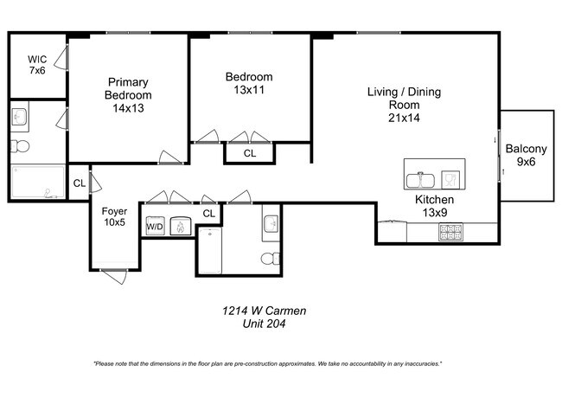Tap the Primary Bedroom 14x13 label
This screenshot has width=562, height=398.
pos(128,95)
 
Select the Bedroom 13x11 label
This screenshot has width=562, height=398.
pos(249,82)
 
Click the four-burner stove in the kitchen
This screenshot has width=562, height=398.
pos(451,232)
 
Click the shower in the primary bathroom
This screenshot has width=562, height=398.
pos(38,183)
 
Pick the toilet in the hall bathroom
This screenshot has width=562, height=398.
pos(271,257)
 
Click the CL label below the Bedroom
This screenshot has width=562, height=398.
pos(249,153)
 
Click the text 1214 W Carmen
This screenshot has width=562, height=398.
pos(259,311)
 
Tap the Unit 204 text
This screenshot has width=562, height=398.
pos(259,324)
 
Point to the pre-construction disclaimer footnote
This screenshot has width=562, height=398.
pos(267,363)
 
